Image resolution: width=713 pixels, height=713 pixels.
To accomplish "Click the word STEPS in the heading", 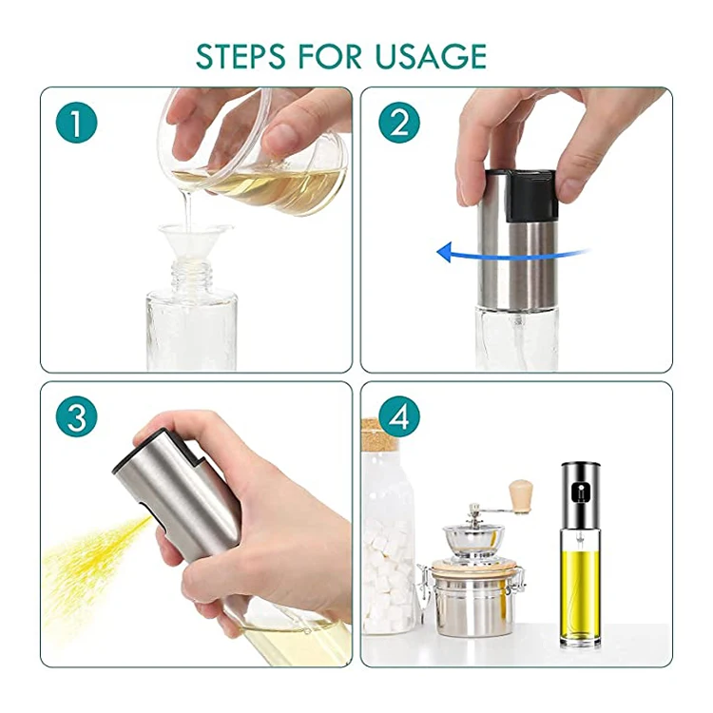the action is [241, 56].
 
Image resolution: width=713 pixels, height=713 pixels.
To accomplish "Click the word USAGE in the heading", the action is [431, 56].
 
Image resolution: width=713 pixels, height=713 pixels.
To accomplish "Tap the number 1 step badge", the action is [76, 123].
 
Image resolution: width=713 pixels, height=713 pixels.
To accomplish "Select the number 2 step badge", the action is [399, 123].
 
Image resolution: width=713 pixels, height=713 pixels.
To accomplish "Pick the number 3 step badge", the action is [76, 416].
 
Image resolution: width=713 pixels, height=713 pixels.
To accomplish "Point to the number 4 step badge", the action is [399, 416].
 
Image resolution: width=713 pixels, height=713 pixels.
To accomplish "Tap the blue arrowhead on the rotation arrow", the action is [445, 252].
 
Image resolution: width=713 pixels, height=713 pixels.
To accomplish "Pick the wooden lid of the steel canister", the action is [476, 568].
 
